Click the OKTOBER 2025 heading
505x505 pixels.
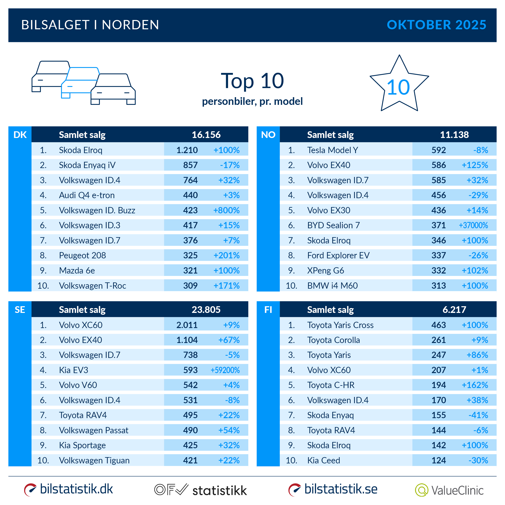point(436,25)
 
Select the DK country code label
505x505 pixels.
point(20,135)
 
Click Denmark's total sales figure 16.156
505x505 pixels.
point(206,135)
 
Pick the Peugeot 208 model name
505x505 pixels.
point(82,255)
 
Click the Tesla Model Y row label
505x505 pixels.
point(332,150)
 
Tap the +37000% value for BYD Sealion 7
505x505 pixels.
point(473,225)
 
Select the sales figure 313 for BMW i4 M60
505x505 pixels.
point(438,286)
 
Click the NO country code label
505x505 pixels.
point(268,135)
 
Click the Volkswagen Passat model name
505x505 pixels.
point(94,430)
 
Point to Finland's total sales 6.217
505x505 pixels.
point(454,310)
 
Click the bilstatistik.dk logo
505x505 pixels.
point(68,489)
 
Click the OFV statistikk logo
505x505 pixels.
point(200,490)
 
